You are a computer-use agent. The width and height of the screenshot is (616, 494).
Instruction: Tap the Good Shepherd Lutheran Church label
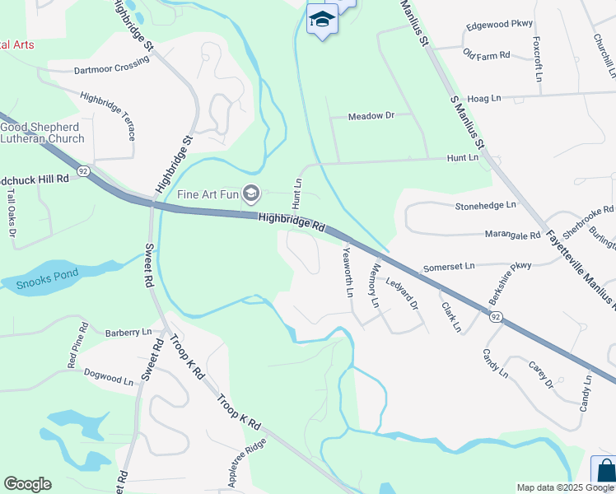pos(42,133)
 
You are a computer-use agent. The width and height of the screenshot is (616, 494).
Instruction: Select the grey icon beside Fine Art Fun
pos(251,195)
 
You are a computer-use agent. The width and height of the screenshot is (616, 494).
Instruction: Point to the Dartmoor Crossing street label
pos(111,70)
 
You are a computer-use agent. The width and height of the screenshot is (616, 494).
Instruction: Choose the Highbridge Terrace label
pos(108,115)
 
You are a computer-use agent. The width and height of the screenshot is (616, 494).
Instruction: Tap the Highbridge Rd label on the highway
pos(292,221)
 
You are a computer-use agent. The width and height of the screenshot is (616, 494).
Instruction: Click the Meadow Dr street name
pos(371,116)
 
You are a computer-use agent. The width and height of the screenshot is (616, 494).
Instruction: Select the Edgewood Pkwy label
pos(499,24)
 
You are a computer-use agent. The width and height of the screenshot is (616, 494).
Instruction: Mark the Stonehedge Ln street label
pos(486,204)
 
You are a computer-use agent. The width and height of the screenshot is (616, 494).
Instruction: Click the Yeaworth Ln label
pos(348,272)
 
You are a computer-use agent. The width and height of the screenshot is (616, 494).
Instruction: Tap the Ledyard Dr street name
pos(403,293)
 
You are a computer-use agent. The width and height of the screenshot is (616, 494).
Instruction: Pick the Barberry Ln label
pos(128,332)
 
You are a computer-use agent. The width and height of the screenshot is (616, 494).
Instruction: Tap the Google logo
pos(27,484)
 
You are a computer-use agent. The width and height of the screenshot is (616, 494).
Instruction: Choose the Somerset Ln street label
pos(449,267)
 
